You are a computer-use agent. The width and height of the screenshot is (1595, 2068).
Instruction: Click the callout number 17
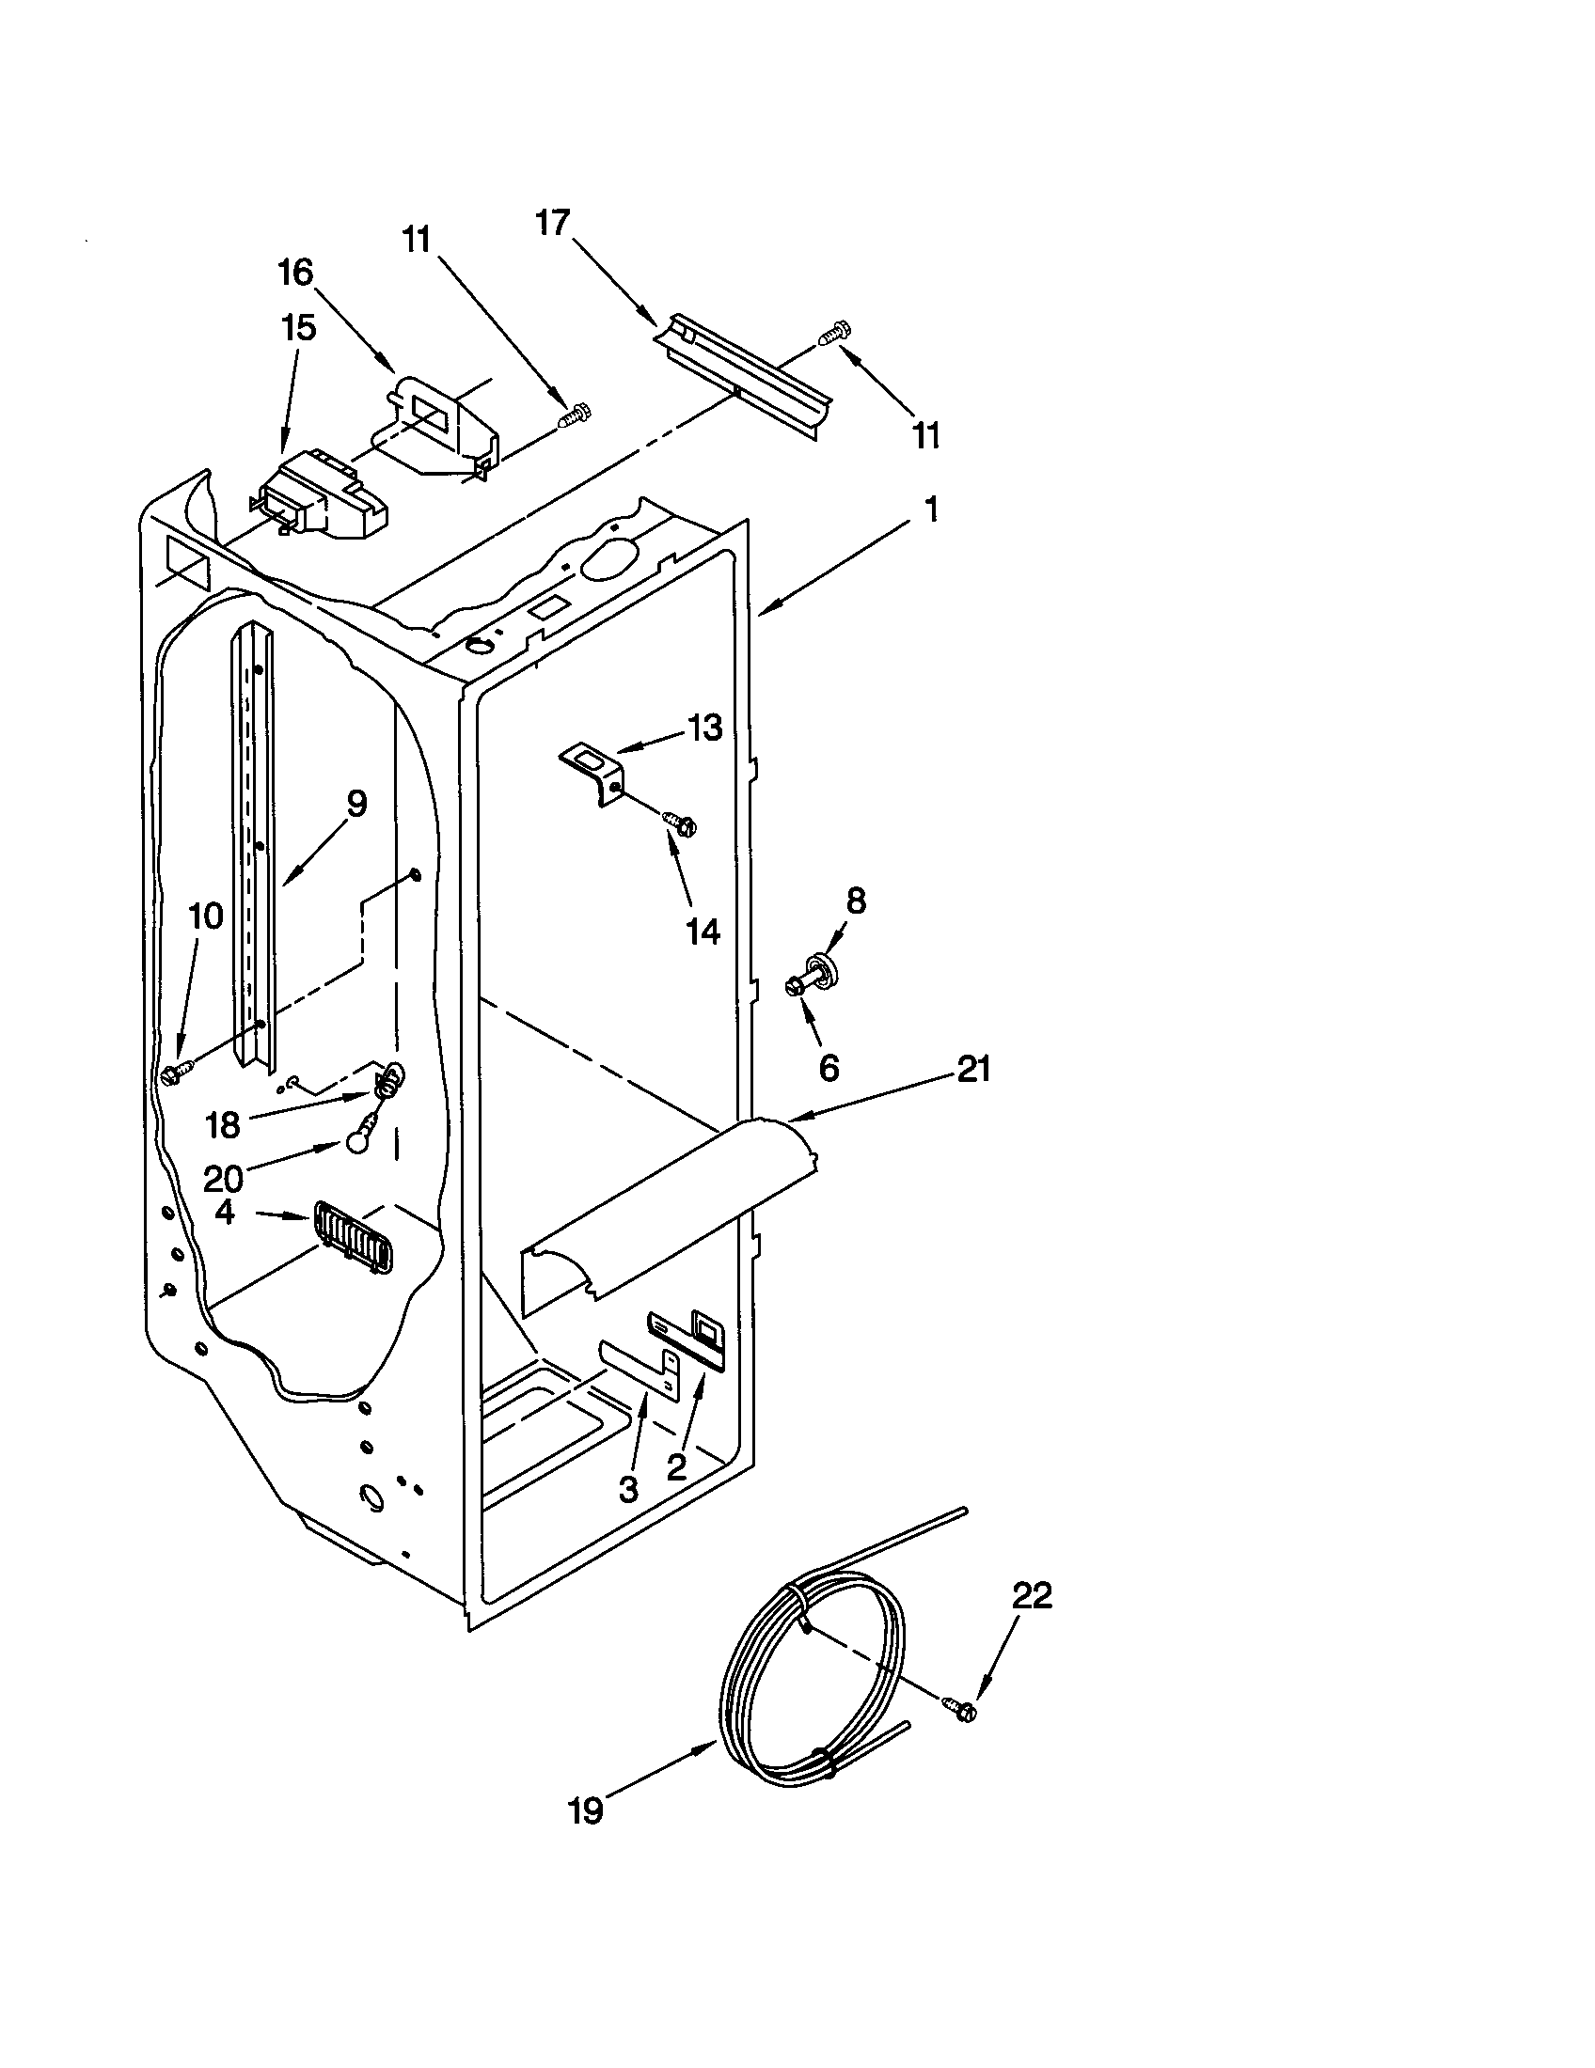point(553,224)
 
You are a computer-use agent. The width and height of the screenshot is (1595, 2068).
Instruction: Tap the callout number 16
point(295,273)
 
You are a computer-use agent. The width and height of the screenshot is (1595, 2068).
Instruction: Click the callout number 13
point(703,728)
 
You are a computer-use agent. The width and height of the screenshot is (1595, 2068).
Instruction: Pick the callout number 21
point(973,1069)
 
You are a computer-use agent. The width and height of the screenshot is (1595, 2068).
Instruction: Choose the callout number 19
point(586,1810)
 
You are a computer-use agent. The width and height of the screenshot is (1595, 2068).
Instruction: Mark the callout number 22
point(1032,1596)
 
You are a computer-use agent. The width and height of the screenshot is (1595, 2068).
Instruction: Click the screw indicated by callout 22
point(958,1707)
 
